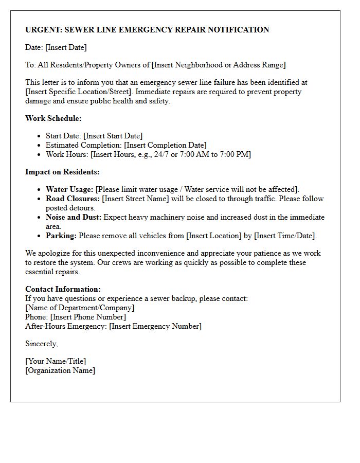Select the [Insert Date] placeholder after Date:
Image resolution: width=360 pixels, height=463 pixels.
coord(66,47)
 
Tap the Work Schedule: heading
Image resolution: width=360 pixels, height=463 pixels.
coord(53,118)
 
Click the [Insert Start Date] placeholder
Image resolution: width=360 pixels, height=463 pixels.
coord(113,136)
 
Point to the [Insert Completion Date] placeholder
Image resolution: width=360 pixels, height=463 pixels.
coord(165,145)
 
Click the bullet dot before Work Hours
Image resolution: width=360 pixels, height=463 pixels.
coord(40,154)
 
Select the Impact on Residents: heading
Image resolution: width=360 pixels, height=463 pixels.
coord(62,172)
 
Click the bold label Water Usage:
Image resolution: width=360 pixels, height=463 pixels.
coord(69,189)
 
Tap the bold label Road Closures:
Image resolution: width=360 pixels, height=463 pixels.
coord(73,199)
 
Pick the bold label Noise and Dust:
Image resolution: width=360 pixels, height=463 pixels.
coord(74,217)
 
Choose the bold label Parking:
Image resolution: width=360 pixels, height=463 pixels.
coord(61,236)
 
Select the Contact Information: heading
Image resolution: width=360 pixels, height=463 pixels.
coord(63,289)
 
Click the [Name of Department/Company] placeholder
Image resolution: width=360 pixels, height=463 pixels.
coord(80,308)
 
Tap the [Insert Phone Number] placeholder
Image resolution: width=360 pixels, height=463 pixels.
coord(88,317)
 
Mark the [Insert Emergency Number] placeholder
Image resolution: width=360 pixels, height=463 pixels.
coord(155,326)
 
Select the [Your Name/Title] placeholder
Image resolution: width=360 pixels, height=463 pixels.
coord(56,361)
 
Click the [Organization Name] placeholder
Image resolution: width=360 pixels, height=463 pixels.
coord(60,370)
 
